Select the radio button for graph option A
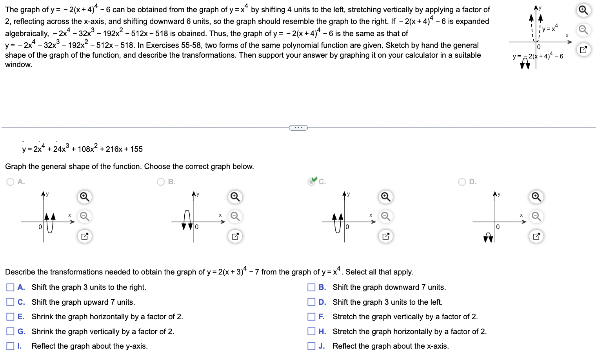click(11, 182)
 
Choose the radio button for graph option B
click(161, 182)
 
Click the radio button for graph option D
click(462, 182)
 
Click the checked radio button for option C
click(312, 182)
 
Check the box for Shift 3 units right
click(10, 287)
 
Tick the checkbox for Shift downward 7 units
click(311, 287)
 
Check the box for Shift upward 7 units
click(10, 302)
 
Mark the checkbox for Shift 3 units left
click(311, 302)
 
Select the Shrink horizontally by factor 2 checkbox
click(10, 316)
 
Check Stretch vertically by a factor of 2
click(311, 316)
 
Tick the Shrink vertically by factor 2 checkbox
click(10, 331)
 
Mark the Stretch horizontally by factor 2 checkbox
click(311, 331)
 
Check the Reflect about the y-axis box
click(10, 346)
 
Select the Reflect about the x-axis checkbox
click(311, 346)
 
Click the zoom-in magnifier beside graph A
click(84, 196)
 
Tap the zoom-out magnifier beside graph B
click(235, 216)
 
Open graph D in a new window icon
click(536, 236)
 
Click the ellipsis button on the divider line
click(298, 127)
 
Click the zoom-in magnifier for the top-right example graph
click(583, 10)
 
